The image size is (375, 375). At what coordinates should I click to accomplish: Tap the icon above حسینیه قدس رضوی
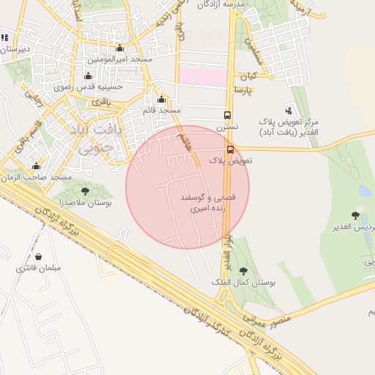[89, 76]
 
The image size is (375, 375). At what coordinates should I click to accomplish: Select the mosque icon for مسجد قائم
[161, 100]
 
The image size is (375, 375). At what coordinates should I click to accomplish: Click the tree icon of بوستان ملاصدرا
[85, 192]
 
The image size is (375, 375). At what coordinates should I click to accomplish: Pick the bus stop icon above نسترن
[227, 115]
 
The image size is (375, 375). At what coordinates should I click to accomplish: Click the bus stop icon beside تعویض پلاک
[230, 149]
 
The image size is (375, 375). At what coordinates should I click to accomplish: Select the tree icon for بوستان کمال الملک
[242, 272]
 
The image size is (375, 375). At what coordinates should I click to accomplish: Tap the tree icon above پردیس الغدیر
[356, 215]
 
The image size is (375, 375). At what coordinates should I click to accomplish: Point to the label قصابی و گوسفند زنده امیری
[211, 203]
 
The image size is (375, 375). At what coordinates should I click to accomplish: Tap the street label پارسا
[243, 89]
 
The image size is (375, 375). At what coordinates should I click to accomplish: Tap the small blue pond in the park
[365, 190]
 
